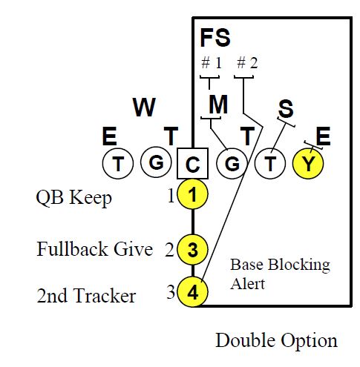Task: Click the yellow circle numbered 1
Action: point(193,195)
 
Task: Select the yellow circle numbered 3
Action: point(193,250)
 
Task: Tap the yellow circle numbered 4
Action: point(193,292)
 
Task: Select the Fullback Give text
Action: point(95,250)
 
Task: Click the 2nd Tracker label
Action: point(86,297)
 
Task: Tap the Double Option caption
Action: point(276,340)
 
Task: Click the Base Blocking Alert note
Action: point(280,273)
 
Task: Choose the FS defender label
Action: point(215,37)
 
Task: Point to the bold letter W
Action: point(145,108)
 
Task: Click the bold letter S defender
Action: point(285,110)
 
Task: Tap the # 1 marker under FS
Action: point(212,63)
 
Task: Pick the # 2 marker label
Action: point(246,63)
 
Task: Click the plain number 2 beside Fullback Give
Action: point(168,251)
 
